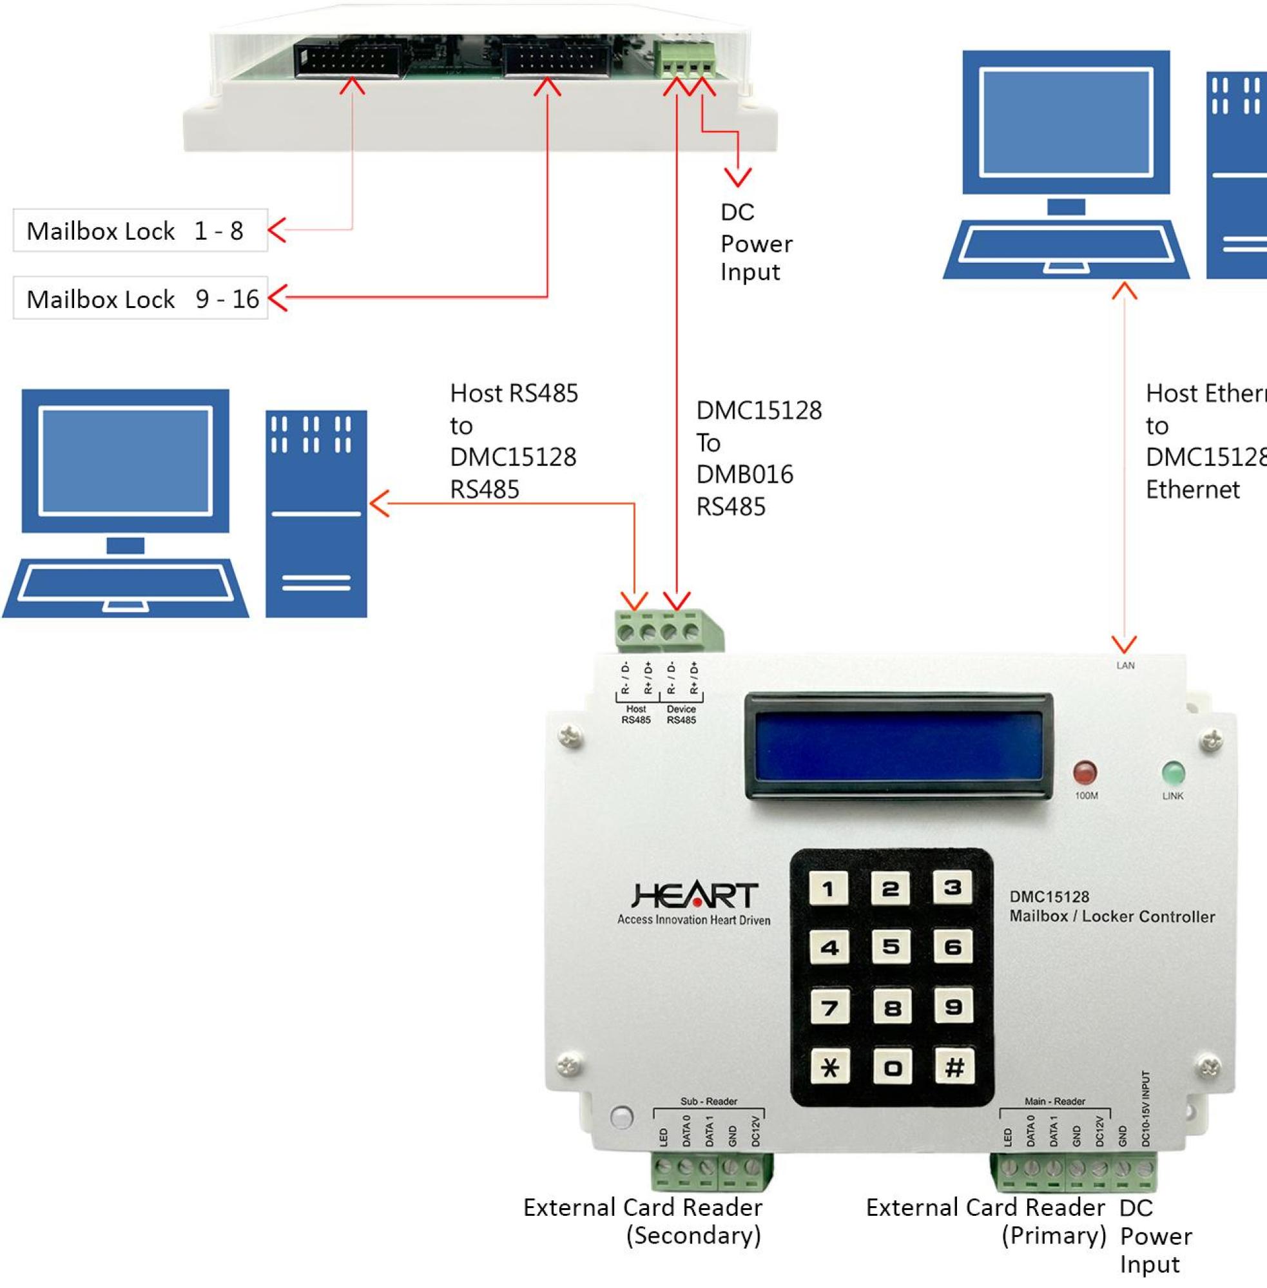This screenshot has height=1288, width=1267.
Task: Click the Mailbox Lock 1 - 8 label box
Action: (x=140, y=231)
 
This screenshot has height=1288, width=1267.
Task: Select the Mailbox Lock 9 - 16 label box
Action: (x=140, y=299)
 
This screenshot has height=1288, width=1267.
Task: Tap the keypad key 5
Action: (x=891, y=947)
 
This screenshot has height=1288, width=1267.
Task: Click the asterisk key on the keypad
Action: (x=829, y=1068)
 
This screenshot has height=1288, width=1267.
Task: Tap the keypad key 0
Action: (x=892, y=1068)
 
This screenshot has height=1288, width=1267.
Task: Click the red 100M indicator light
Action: (x=1085, y=773)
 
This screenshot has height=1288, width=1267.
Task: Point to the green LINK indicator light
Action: (x=1172, y=773)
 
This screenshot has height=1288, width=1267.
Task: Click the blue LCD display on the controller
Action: (x=898, y=745)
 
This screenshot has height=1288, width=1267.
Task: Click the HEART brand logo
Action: (x=693, y=896)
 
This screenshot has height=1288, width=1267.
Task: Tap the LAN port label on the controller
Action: (x=1125, y=666)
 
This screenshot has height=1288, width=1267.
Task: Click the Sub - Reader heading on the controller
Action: (x=709, y=1101)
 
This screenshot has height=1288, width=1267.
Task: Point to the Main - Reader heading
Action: (x=1055, y=1101)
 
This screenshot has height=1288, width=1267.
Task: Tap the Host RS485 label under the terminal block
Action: (x=635, y=715)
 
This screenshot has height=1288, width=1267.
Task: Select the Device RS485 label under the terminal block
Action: (x=681, y=715)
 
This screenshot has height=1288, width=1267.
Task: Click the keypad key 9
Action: (x=953, y=1007)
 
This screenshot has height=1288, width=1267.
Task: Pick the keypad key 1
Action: (x=829, y=888)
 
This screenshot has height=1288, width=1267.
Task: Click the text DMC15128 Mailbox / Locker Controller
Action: (x=1111, y=907)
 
